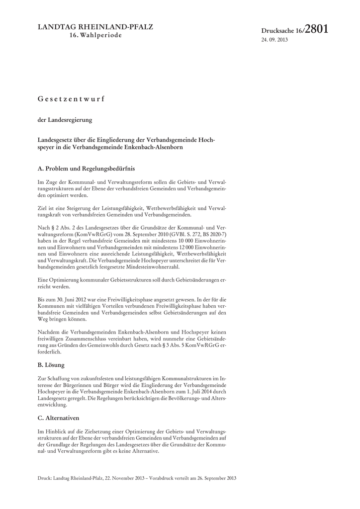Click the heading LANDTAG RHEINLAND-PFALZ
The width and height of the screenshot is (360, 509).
pyautogui.click(x=95, y=27)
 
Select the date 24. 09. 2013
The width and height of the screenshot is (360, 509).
pyautogui.click(x=274, y=40)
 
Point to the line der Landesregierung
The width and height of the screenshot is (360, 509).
pyautogui.click(x=62, y=120)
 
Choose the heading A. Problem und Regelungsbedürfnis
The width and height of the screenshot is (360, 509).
pyautogui.click(x=86, y=169)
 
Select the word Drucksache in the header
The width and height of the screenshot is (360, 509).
pyautogui.click(x=278, y=31)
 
